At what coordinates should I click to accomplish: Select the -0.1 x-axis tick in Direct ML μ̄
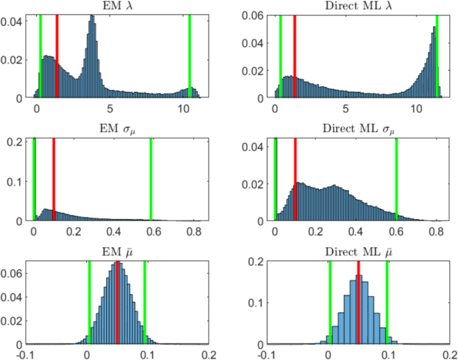click(x=267, y=354)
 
